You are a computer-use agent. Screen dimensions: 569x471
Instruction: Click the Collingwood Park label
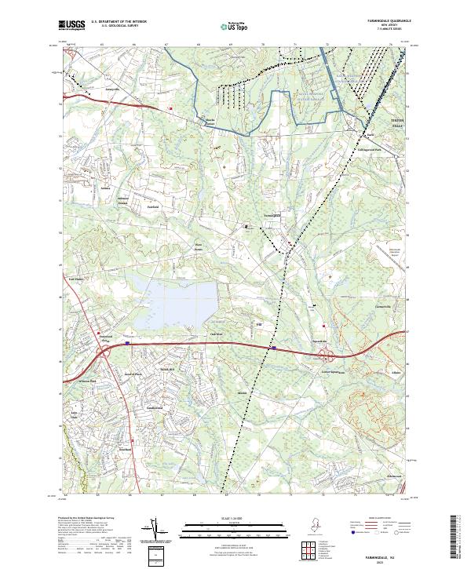367,149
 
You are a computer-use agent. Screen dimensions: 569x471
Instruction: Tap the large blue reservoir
177,302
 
